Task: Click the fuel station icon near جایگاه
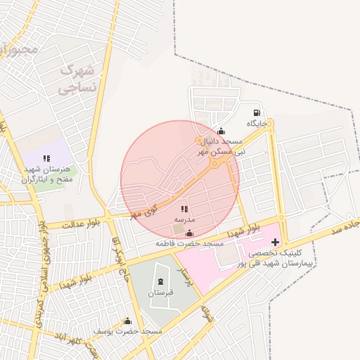[257, 112]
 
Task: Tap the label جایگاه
[257, 123]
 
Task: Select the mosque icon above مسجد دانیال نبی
[221, 131]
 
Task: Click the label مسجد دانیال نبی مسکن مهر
[221, 146]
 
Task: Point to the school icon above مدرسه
[184, 210]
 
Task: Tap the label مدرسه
[184, 220]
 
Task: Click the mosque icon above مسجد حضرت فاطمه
[189, 233]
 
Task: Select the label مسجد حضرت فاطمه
[190, 243]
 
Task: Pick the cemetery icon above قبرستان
[162, 281]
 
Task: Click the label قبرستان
[162, 291]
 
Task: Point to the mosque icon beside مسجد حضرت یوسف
[127, 321]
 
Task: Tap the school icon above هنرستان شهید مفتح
[46, 159]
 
